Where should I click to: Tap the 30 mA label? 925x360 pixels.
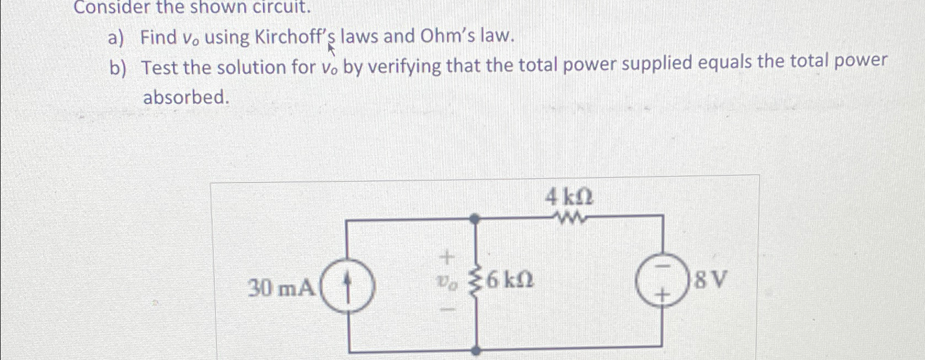(x=282, y=287)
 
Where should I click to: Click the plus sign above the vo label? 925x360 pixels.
(x=448, y=257)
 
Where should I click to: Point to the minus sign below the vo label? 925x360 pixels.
(x=448, y=311)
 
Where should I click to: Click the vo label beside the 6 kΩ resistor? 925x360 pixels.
(x=448, y=282)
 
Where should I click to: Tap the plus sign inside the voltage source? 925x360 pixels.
(x=663, y=296)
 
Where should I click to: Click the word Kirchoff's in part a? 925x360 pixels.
(x=295, y=38)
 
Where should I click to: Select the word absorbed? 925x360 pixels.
(x=185, y=97)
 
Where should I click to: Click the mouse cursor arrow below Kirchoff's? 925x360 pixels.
(x=331, y=50)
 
